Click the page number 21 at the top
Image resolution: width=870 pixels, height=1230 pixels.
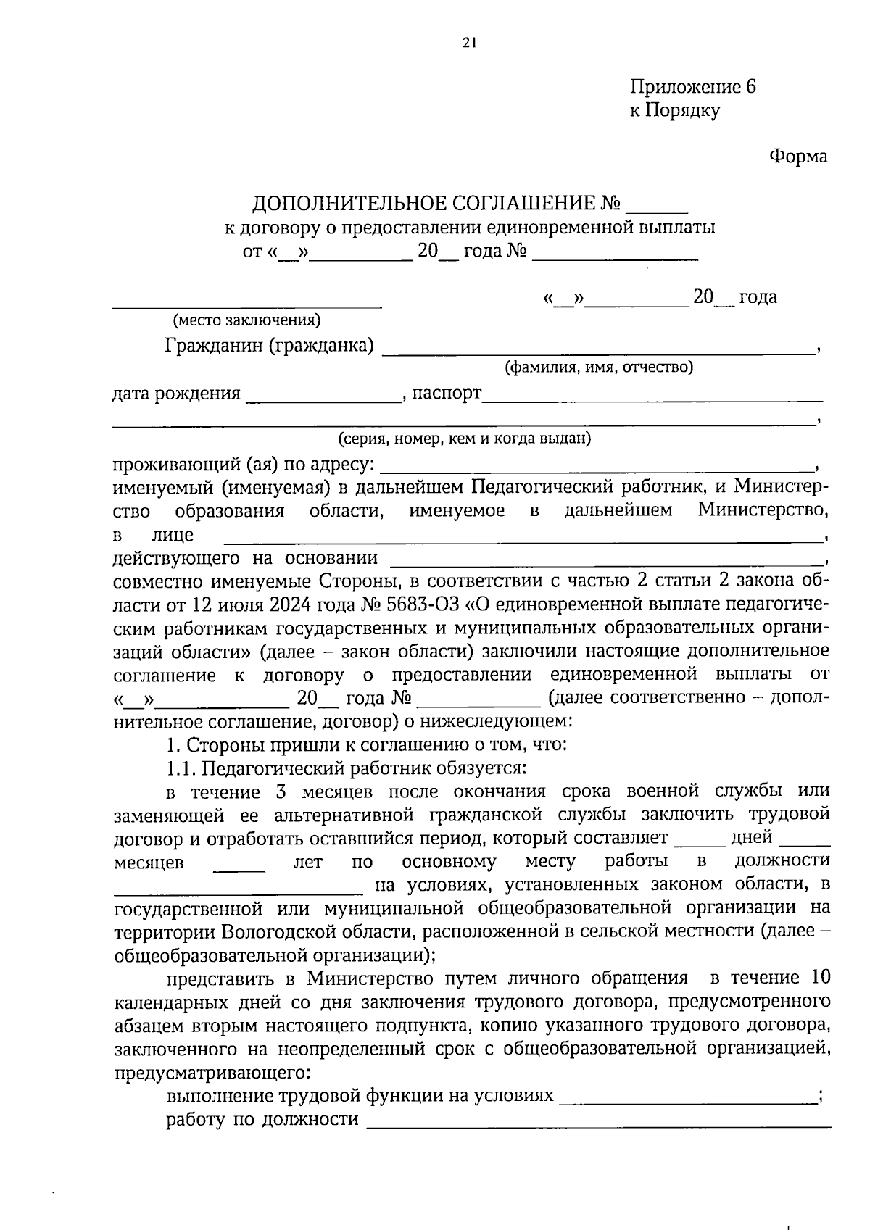pyautogui.click(x=468, y=42)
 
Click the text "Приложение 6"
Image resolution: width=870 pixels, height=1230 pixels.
pyautogui.click(x=692, y=87)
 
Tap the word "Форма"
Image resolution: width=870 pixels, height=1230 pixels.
pyautogui.click(x=797, y=157)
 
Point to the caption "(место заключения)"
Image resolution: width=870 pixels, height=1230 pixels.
pyautogui.click(x=246, y=320)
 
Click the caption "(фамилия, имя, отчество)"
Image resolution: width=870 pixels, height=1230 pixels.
pyautogui.click(x=599, y=367)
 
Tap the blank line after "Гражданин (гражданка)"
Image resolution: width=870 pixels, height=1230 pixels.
pyautogui.click(x=597, y=351)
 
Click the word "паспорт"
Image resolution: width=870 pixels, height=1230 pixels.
pyautogui.click(x=447, y=394)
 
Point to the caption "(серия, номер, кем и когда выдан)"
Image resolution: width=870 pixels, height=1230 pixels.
pyautogui.click(x=464, y=439)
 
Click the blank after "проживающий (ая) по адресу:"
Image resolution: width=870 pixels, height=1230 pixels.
pyautogui.click(x=597, y=468)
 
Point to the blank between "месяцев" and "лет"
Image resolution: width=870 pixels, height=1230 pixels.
pyautogui.click(x=239, y=868)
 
